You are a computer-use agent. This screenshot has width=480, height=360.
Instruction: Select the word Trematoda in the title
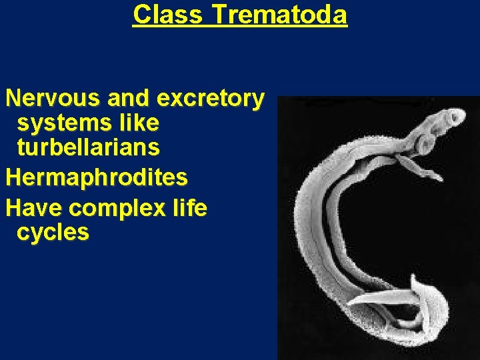coord(279,14)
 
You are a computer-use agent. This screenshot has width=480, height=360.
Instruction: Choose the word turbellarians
coord(88,147)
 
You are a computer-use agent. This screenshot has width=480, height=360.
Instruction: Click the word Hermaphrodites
coord(97,177)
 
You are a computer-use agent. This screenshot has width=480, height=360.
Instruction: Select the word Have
coord(34,208)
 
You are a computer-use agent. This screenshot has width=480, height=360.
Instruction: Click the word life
coord(187,208)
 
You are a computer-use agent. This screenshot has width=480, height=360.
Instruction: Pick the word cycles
coord(53,232)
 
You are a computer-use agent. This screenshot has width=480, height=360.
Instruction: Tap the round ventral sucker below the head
coord(425,142)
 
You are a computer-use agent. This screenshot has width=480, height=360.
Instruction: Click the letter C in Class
coord(140,14)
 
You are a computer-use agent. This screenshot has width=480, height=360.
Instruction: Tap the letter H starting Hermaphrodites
coord(13,177)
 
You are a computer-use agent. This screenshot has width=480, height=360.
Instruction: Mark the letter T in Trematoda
coord(218,14)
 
